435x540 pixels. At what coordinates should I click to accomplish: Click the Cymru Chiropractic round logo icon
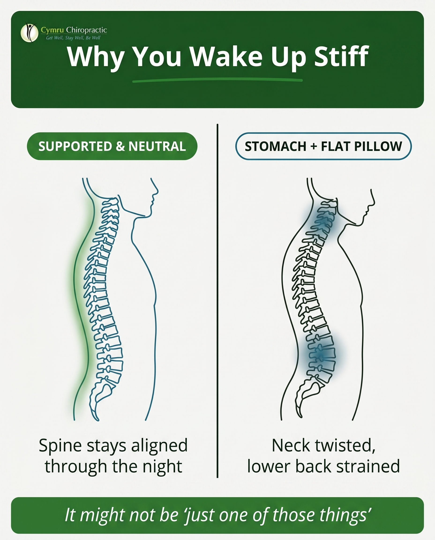[29, 32]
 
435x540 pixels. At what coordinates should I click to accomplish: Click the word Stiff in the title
[341, 56]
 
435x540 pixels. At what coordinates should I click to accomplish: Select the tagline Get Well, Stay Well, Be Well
[73, 38]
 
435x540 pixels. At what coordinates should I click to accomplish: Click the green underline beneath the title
[217, 80]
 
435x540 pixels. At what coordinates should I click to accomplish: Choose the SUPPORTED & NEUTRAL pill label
[112, 146]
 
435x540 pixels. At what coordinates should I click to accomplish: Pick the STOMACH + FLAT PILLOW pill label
[323, 146]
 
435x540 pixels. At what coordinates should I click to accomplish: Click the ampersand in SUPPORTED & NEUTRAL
[120, 146]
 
